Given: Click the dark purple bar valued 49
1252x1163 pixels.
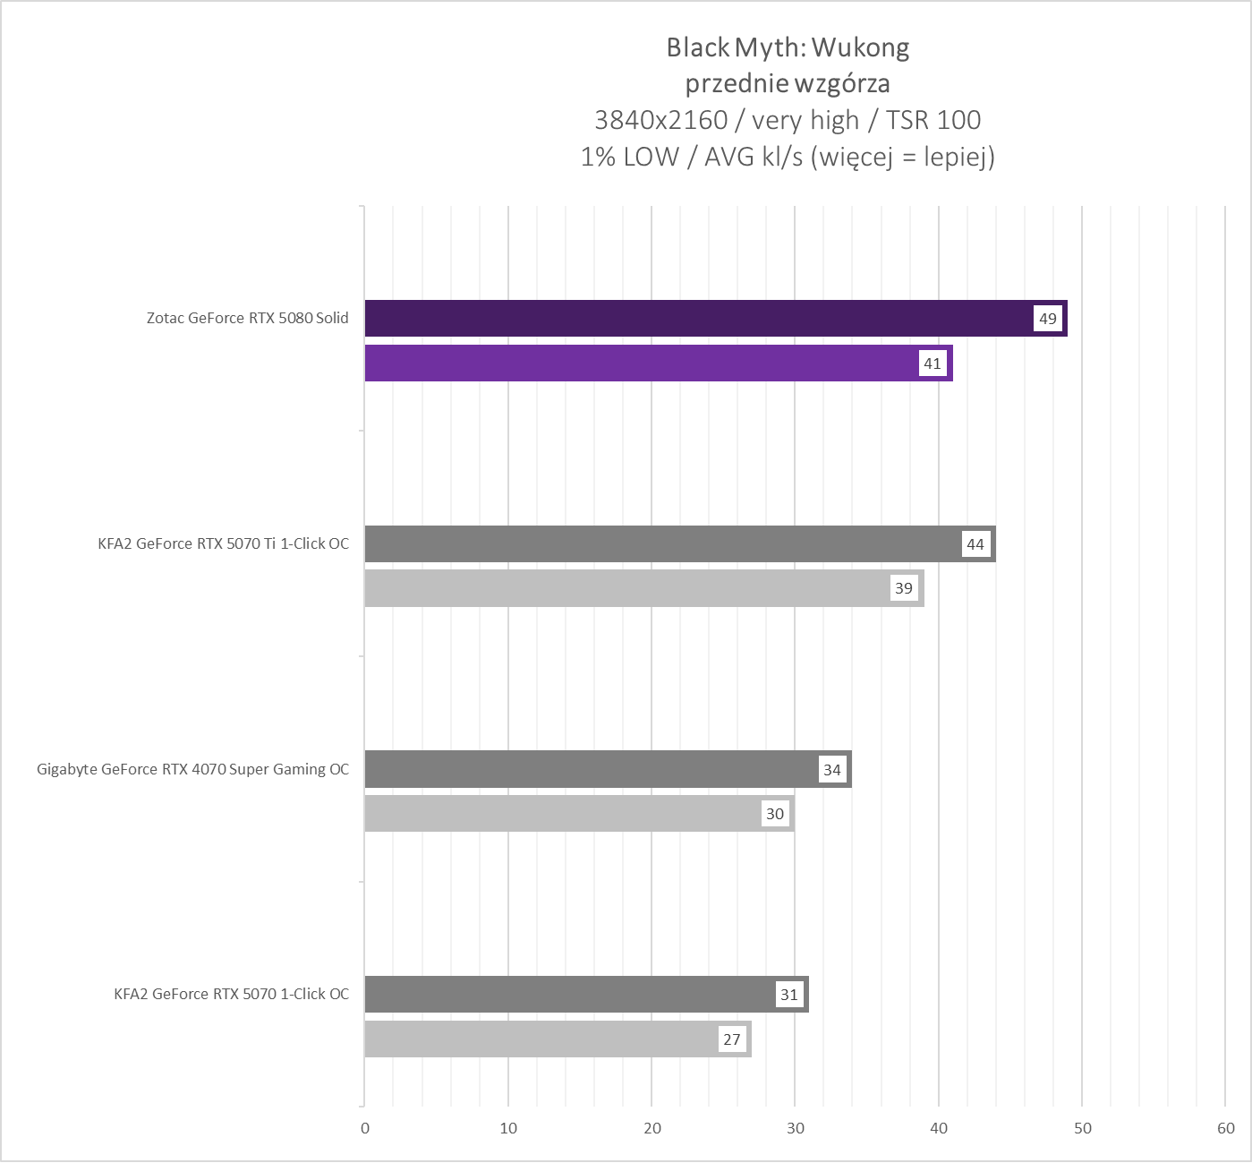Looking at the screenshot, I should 698,318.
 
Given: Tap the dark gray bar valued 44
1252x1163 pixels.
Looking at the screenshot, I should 662,543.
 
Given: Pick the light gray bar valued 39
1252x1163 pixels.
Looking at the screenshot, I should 626,588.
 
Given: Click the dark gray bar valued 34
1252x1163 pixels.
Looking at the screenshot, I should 591,769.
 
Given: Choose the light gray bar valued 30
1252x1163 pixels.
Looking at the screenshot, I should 564,814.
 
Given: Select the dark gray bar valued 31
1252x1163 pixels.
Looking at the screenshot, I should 573,994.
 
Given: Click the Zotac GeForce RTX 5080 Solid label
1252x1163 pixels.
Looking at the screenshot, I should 248,318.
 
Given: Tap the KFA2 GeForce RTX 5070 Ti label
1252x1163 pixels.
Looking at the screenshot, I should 224,543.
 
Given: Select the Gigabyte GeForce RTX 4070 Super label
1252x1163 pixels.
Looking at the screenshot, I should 193,769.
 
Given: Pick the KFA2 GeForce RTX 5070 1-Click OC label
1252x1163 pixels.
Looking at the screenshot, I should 232,994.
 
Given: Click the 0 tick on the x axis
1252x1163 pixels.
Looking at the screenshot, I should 365,1128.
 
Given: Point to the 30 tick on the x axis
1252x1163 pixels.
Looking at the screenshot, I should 796,1128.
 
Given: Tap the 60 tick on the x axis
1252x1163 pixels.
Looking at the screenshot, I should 1226,1128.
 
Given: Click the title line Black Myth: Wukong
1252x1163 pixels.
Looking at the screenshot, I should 788,47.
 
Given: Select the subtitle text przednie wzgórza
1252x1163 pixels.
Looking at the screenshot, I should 788,84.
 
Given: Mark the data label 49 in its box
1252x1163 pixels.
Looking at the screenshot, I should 1048,319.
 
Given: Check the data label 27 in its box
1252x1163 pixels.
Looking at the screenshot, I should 732,1039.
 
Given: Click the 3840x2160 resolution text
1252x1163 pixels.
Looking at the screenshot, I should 661,120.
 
